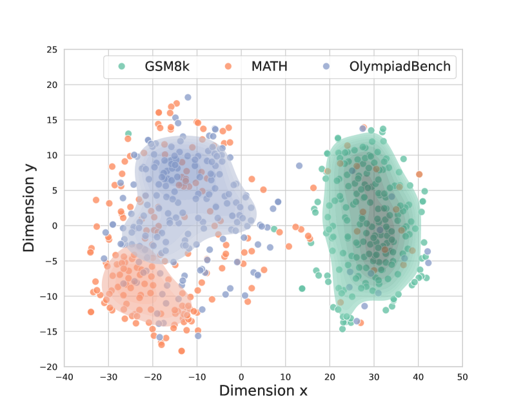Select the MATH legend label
tap(270, 66)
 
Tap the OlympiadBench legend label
tap(400, 66)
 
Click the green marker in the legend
tap(121, 66)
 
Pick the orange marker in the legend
tap(228, 66)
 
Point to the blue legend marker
tap(326, 66)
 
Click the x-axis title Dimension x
tap(263, 391)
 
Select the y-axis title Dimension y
tap(29, 208)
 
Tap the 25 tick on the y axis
tap(51, 50)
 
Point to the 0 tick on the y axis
tap(54, 226)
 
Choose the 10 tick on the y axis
tap(51, 156)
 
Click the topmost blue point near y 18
tap(188, 98)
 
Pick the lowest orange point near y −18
tap(182, 351)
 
